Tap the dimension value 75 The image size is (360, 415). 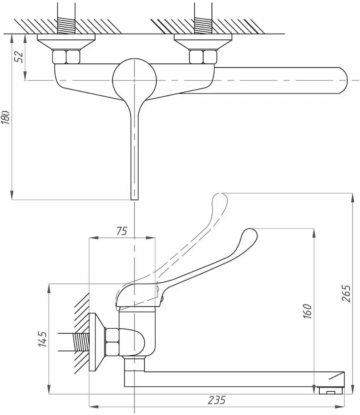[122, 231]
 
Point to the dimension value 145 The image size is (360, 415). [42, 338]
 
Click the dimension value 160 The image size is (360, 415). [307, 311]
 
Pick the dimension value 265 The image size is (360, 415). [347, 293]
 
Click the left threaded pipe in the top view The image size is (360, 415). [66, 25]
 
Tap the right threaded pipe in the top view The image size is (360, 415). [203, 25]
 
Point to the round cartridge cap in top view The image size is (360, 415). [134, 79]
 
